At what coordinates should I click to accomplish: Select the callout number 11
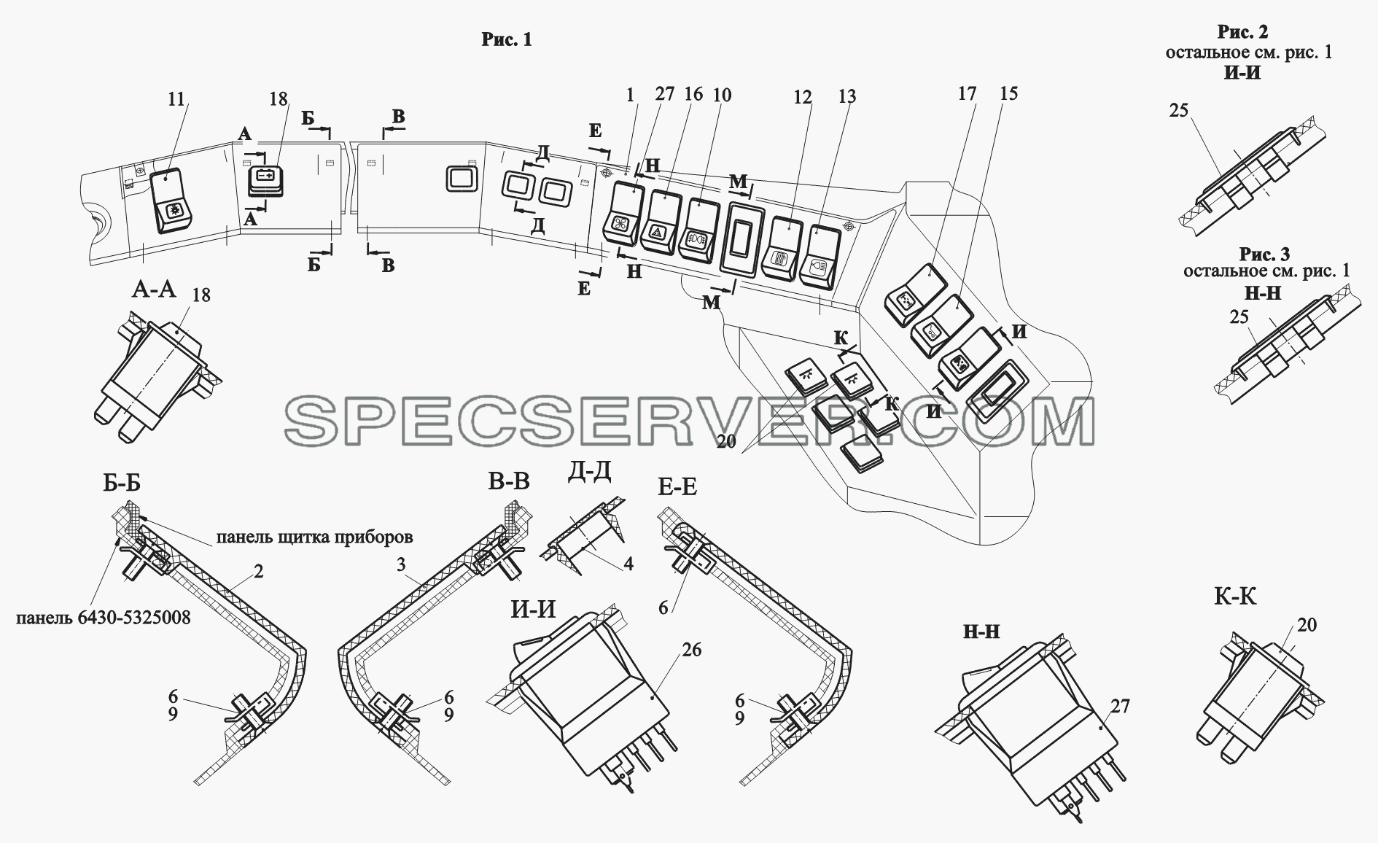(176, 99)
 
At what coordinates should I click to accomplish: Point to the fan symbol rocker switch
(623, 212)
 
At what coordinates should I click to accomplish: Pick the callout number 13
(846, 97)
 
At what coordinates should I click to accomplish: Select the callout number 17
(967, 93)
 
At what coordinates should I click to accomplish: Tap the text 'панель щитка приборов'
(314, 537)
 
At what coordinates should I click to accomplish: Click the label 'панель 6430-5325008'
(103, 618)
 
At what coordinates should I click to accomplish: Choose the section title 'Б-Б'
(122, 483)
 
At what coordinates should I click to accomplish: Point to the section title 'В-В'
(510, 481)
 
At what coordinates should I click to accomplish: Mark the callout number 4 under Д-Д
(628, 564)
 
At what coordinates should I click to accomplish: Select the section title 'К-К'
(1235, 597)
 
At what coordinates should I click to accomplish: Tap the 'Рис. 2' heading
(1242, 32)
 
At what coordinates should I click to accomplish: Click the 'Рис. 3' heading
(1265, 254)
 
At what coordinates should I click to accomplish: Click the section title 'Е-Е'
(677, 486)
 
